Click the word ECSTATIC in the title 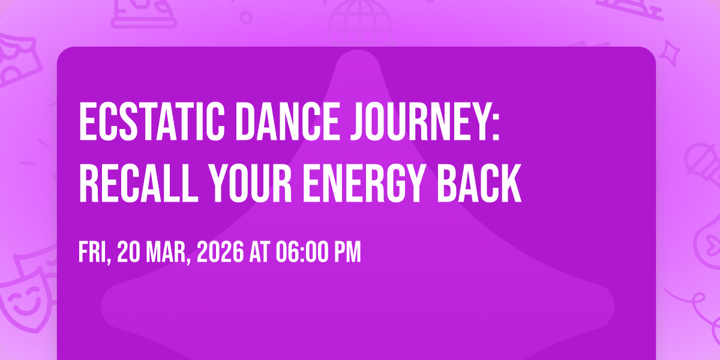[x=152, y=121]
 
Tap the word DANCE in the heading [x=287, y=121]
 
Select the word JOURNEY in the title [x=419, y=121]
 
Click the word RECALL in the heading [x=139, y=183]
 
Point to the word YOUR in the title [x=250, y=183]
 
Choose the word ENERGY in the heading [x=364, y=183]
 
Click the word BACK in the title [x=479, y=183]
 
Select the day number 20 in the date [x=128, y=252]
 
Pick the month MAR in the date [x=166, y=252]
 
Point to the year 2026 [x=220, y=252]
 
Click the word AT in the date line [x=260, y=252]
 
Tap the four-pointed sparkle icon [x=670, y=53]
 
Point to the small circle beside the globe [x=246, y=17]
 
